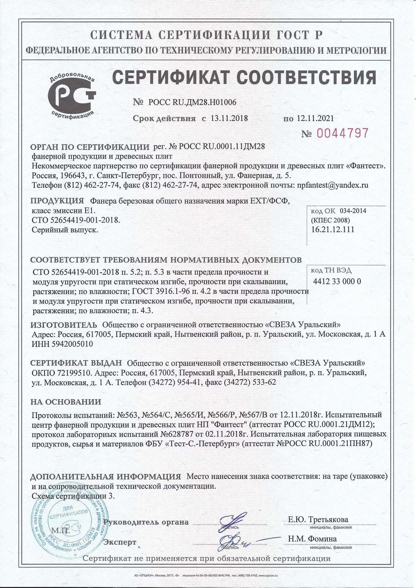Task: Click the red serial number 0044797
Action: click(x=342, y=133)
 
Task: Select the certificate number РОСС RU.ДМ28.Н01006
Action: click(x=192, y=102)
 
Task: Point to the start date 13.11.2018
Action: click(x=229, y=118)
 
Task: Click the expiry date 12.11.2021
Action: click(x=315, y=118)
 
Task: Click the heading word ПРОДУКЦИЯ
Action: click(x=57, y=200)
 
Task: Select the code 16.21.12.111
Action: click(x=333, y=229)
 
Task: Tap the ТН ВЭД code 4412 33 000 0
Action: click(x=337, y=281)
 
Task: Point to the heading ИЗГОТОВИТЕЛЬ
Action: click(x=64, y=325)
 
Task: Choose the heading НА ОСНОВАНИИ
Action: click(x=66, y=402)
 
